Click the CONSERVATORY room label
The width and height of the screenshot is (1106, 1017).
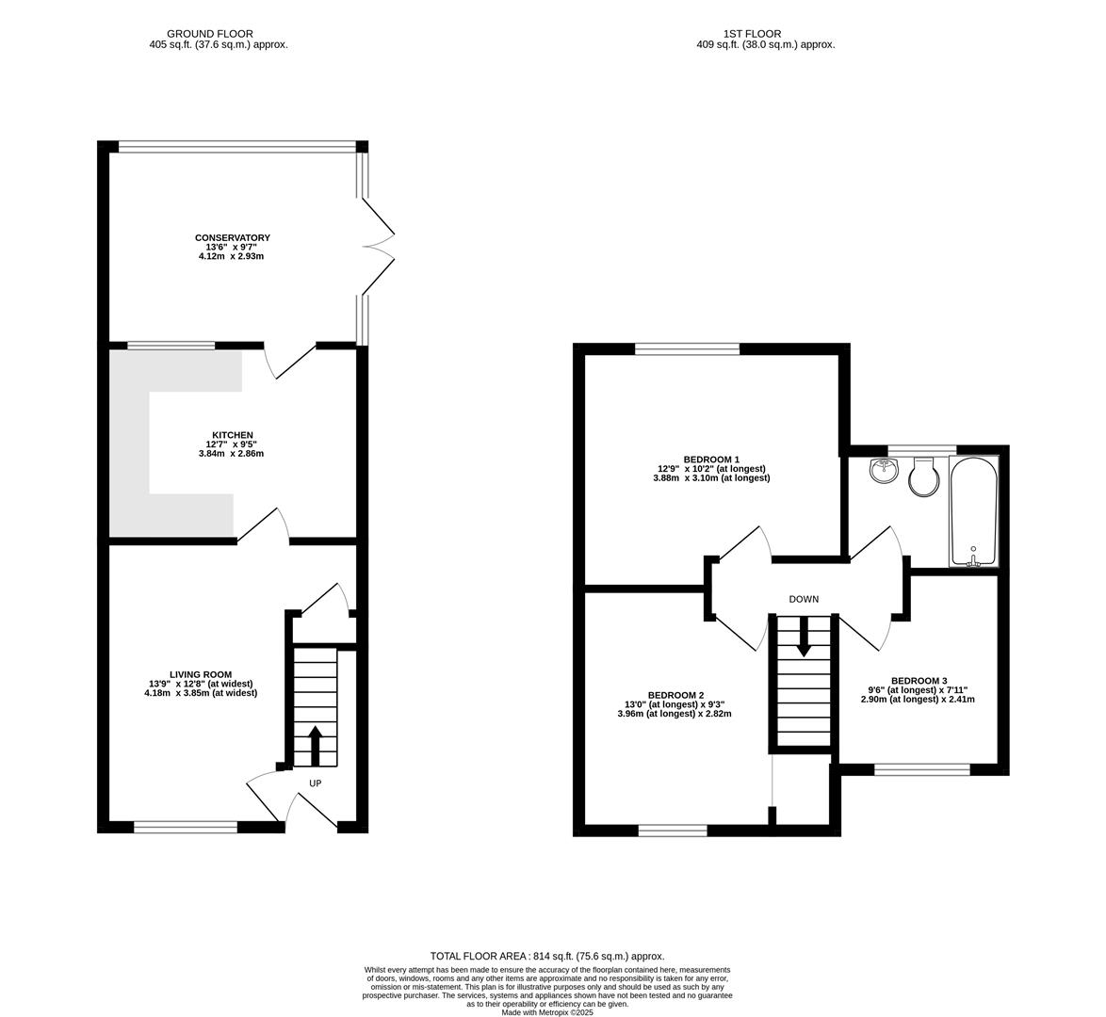point(232,238)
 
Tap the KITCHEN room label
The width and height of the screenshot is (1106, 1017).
point(232,435)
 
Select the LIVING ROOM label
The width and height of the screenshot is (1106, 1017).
point(200,674)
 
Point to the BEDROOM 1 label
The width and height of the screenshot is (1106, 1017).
point(711,460)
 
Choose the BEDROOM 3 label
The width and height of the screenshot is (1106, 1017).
point(919,681)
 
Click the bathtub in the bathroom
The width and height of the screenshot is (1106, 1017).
point(973,510)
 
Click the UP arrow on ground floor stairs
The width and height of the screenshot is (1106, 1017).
point(315,745)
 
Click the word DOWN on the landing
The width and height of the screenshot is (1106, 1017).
point(804,599)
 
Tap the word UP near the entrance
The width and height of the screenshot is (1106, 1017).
point(315,783)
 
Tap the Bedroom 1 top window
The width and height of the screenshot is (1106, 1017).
point(687,349)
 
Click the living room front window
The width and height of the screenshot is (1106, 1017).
point(186,827)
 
